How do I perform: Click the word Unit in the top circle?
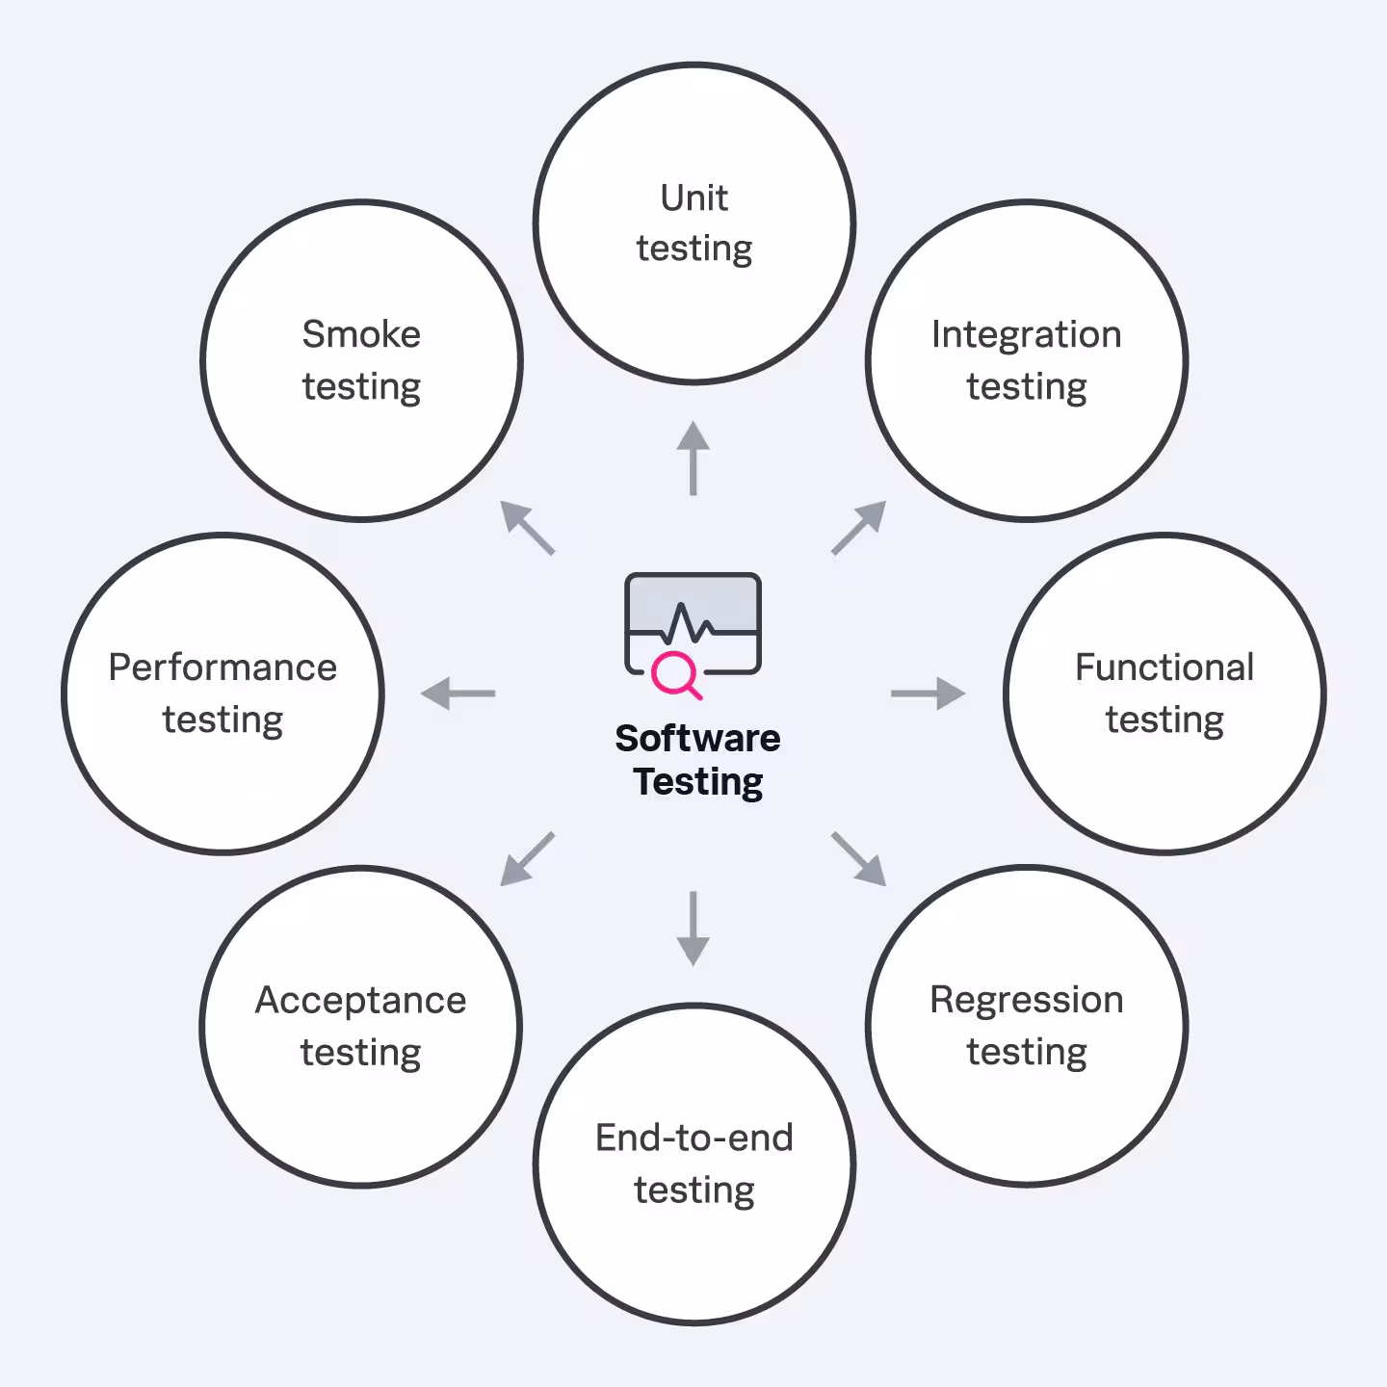[x=693, y=198]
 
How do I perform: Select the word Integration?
[x=1026, y=335]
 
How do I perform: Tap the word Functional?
[x=1164, y=667]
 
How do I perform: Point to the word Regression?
[x=1026, y=1001]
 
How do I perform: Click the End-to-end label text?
[x=693, y=1138]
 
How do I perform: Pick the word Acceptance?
[x=360, y=1001]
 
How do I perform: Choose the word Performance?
[x=222, y=667]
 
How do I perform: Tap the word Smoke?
[x=361, y=335]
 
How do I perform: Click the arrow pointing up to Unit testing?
[x=693, y=458]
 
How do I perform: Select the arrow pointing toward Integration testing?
[x=858, y=527]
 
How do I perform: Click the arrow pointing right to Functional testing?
[x=928, y=693]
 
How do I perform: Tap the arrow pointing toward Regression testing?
[x=858, y=858]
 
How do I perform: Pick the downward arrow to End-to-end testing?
[x=693, y=929]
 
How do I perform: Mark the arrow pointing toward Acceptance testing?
[x=528, y=858]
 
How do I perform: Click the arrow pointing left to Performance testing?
[x=458, y=693]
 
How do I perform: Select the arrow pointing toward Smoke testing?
[x=528, y=528]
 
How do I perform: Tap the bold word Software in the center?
[x=697, y=739]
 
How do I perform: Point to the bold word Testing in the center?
[x=697, y=782]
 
